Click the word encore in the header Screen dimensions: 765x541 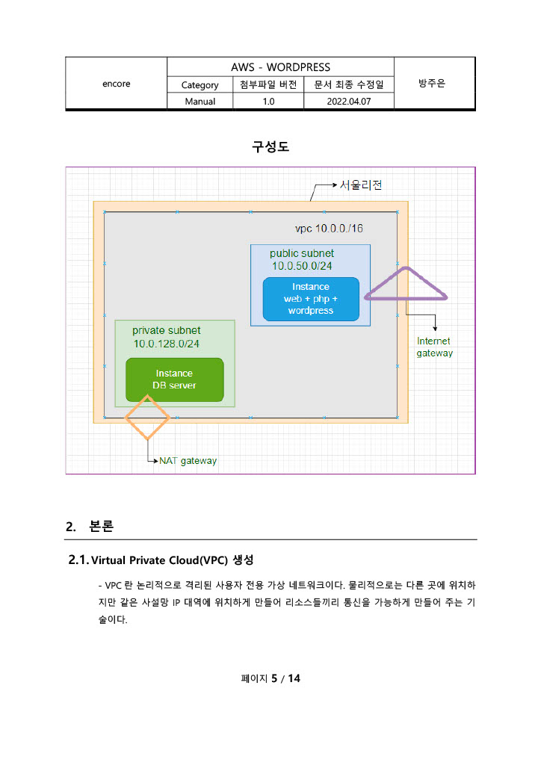[116, 84]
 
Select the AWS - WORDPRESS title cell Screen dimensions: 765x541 [280, 67]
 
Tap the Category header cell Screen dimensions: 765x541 [200, 85]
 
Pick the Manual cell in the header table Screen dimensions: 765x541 [200, 102]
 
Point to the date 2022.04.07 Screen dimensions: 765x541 [348, 102]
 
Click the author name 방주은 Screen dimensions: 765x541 [433, 84]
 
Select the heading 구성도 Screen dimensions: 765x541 [270, 147]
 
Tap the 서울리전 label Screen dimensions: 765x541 [362, 185]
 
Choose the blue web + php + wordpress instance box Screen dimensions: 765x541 [311, 298]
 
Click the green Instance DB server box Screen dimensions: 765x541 [174, 380]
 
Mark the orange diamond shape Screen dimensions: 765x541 [148, 417]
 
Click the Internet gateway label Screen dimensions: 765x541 [434, 347]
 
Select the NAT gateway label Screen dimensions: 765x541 [188, 461]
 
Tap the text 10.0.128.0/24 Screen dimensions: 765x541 [167, 344]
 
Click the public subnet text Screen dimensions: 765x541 [302, 253]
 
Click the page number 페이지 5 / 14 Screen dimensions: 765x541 [270, 678]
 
